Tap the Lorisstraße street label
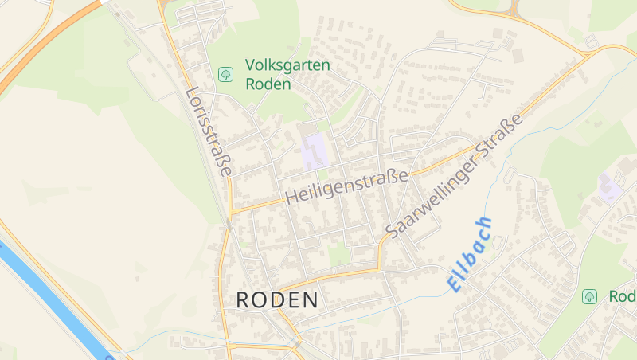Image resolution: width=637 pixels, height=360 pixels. point(208,131)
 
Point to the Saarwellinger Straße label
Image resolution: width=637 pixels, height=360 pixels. point(455,175)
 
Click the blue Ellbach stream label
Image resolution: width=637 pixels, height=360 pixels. point(470,253)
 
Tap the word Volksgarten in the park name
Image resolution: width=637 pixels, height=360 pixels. point(287,65)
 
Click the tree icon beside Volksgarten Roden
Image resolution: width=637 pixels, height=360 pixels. point(226,75)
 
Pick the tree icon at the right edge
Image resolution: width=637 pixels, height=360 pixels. point(589,296)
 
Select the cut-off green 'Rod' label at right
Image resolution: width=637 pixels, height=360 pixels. point(623,296)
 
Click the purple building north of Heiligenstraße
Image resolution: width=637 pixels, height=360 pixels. point(315,151)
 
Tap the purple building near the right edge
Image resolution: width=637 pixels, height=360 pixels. point(611,188)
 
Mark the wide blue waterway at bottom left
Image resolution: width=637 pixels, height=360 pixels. point(48,295)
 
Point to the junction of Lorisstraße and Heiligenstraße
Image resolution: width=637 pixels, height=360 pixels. point(231,212)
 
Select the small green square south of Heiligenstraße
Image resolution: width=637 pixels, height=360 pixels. point(339,254)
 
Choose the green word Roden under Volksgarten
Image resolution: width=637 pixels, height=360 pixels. point(268,84)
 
